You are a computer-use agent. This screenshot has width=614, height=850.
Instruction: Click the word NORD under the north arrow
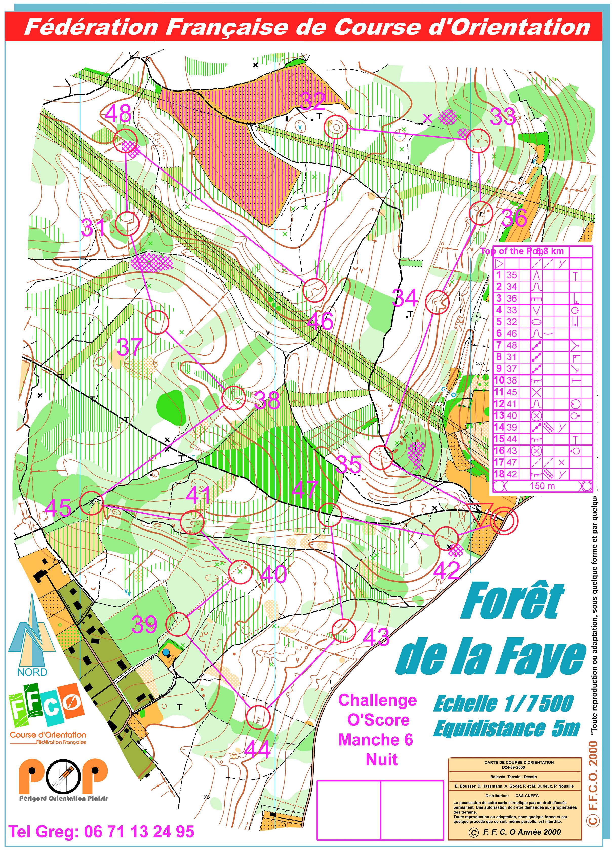pyautogui.click(x=32, y=672)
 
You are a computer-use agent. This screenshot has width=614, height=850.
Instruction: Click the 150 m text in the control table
pyautogui.click(x=542, y=486)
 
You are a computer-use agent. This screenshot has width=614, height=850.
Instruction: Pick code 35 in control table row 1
pyautogui.click(x=512, y=275)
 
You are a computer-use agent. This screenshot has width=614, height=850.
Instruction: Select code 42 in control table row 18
pyautogui.click(x=512, y=474)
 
